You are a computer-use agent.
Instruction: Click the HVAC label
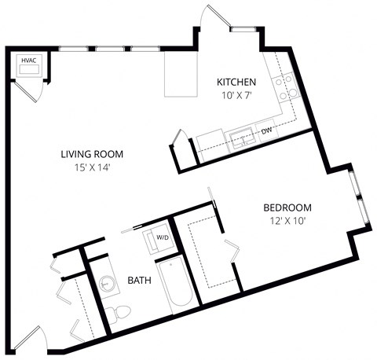[x=28, y=59]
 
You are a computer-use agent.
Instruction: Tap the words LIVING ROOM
[x=92, y=154]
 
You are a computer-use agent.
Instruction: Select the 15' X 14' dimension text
[x=92, y=167]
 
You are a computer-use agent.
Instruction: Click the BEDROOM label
[x=287, y=208]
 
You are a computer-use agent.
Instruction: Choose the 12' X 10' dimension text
[x=287, y=221]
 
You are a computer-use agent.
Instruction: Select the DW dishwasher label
[x=266, y=130]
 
